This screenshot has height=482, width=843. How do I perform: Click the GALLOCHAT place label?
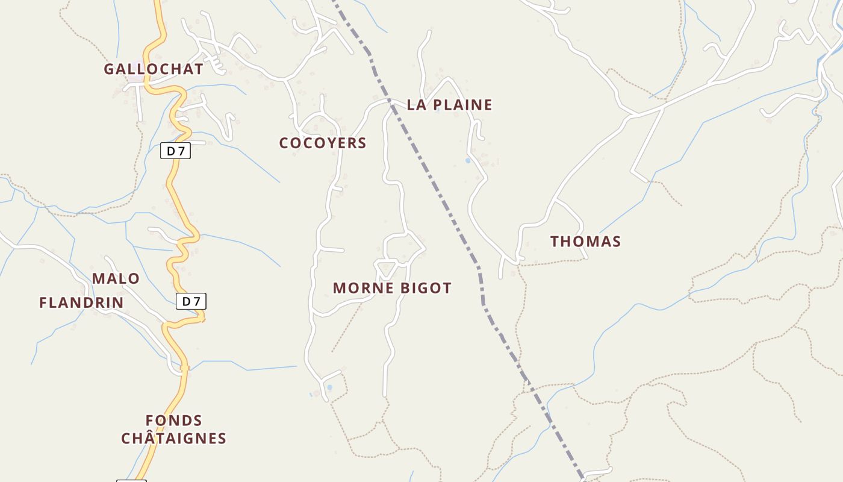tap(154, 69)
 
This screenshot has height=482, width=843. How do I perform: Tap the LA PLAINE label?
tap(449, 105)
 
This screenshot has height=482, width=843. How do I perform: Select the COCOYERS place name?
tap(323, 143)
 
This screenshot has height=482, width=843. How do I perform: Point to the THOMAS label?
tap(585, 242)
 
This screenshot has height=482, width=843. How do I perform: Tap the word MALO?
tap(116, 279)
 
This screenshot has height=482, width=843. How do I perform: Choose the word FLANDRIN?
tap(81, 302)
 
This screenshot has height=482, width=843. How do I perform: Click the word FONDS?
tap(174, 421)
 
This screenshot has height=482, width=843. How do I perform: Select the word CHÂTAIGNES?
tap(173, 439)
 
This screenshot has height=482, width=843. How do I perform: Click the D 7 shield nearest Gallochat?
tap(175, 151)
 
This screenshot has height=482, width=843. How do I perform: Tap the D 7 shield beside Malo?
tap(191, 301)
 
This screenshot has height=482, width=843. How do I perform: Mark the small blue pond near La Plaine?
tap(467, 161)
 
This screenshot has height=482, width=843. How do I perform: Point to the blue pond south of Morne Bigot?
tap(329, 387)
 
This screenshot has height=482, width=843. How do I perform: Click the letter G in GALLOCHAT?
tap(109, 69)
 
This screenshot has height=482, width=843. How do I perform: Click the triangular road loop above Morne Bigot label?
tap(385, 267)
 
